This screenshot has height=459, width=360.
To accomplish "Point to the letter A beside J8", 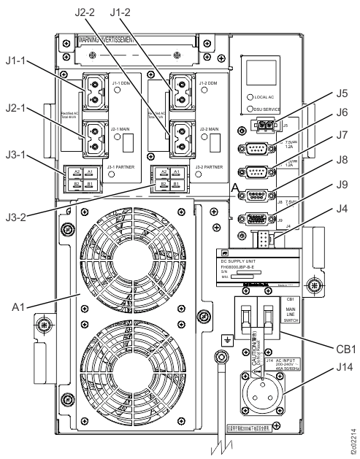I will [x=233, y=190].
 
